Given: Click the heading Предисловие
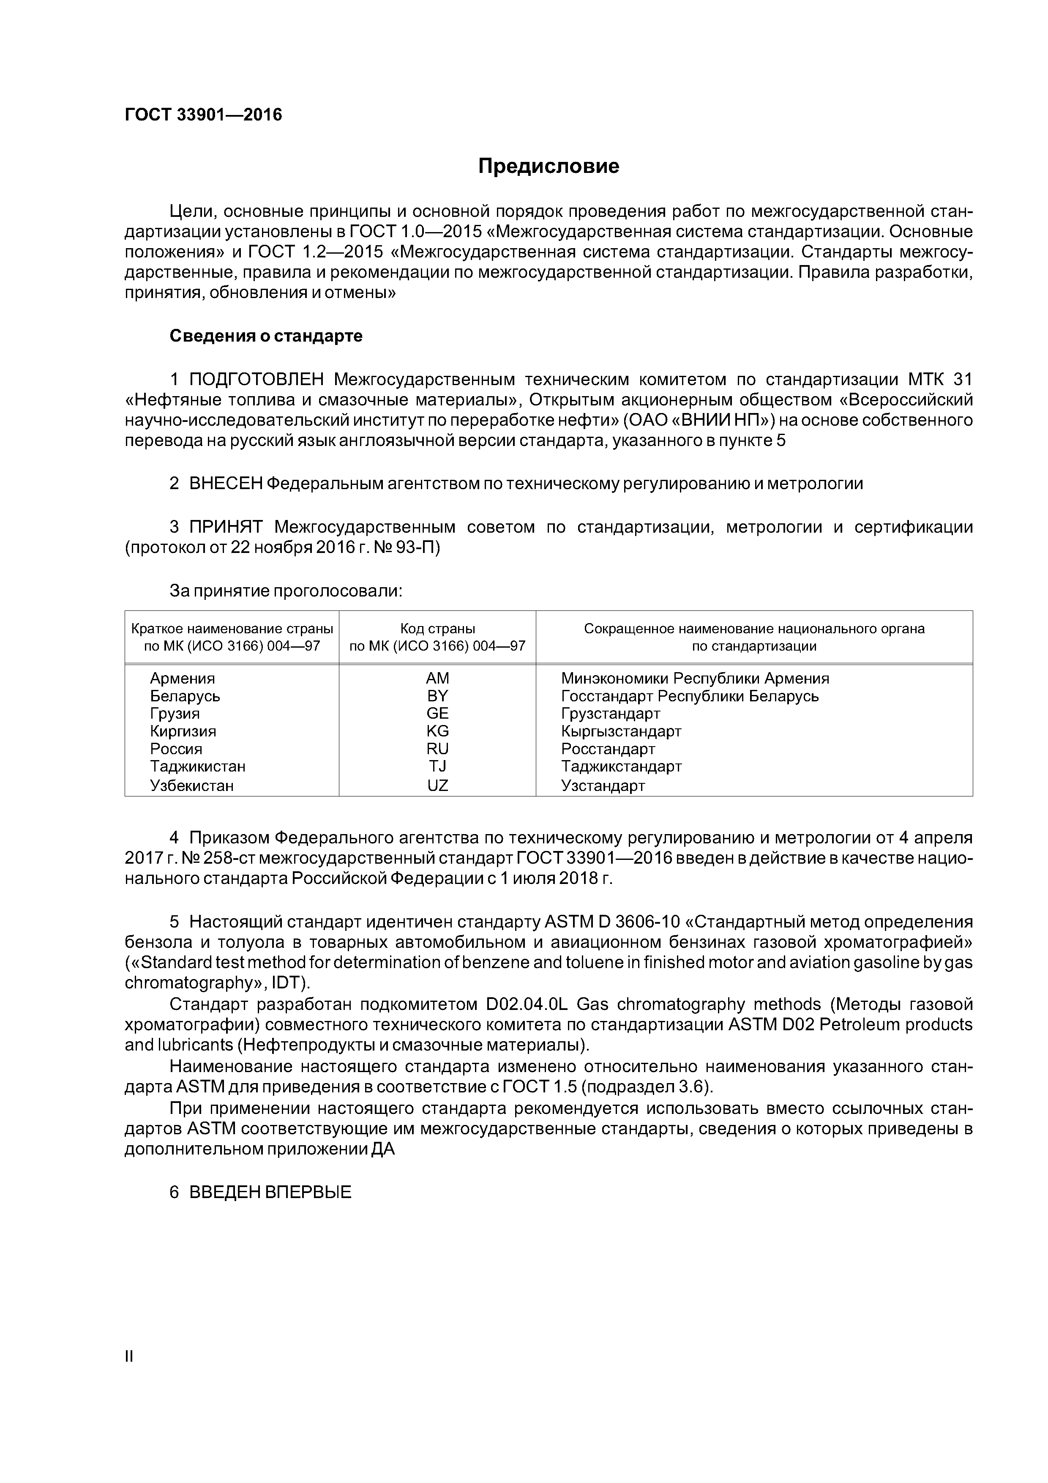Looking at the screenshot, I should (548, 167).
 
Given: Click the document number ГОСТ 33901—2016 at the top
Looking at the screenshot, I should (203, 115).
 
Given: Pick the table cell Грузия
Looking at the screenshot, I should (175, 714).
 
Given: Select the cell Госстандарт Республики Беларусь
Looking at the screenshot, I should (690, 696).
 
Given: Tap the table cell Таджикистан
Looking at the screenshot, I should (198, 767).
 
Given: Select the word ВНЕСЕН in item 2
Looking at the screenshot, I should (226, 483).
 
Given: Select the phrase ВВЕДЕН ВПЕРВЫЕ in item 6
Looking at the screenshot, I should (270, 1192).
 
